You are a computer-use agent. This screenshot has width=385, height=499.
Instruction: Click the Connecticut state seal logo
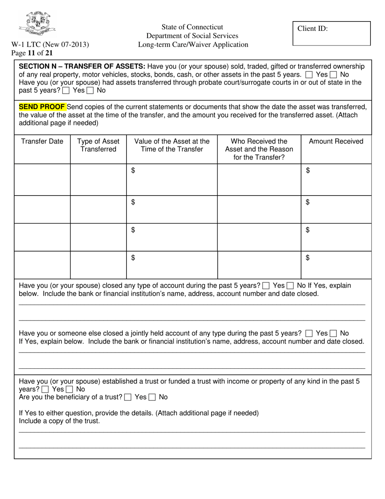[37, 24]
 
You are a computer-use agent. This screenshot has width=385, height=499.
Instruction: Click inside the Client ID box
[332, 33]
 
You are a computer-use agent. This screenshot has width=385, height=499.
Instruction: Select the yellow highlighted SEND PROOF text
[42, 107]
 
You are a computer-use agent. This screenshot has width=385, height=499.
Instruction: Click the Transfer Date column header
[42, 142]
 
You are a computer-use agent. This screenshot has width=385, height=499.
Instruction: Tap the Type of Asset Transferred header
[98, 145]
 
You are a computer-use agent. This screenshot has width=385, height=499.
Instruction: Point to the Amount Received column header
[336, 142]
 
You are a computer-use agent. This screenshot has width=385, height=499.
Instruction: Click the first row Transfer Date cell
[42, 180]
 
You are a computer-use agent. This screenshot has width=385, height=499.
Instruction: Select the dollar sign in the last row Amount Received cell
[308, 258]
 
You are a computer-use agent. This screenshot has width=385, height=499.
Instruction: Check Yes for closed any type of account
[266, 286]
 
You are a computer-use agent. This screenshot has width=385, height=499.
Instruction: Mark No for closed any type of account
[290, 286]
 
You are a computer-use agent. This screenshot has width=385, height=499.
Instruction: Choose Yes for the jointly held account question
[309, 333]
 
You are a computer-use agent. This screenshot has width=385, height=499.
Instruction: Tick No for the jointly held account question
[333, 333]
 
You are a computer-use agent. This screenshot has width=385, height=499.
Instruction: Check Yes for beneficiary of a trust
[128, 397]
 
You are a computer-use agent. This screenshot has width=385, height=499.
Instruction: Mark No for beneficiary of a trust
[152, 397]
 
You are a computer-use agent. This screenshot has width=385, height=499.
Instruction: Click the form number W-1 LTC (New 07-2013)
[50, 45]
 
